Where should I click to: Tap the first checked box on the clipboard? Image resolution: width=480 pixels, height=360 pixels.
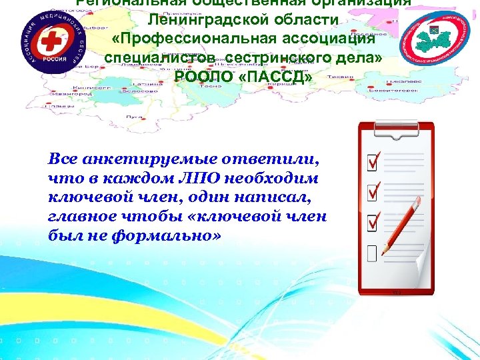(374, 161)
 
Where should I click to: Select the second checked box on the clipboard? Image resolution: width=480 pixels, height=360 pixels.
(374, 191)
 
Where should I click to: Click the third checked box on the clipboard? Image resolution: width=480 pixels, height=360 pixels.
(374, 221)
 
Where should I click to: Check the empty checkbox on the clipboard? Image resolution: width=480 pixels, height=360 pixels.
(371, 251)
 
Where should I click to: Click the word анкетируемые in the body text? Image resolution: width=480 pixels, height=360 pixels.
(138, 161)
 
